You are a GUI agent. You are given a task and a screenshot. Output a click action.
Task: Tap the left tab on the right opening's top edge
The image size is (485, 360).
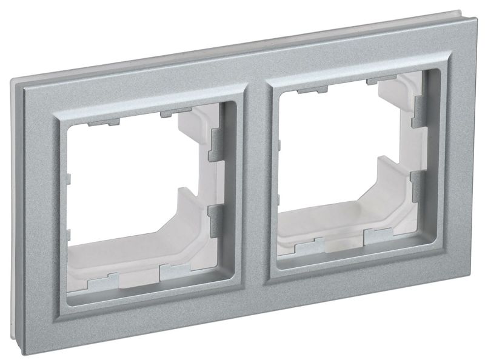tap(309, 91)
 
